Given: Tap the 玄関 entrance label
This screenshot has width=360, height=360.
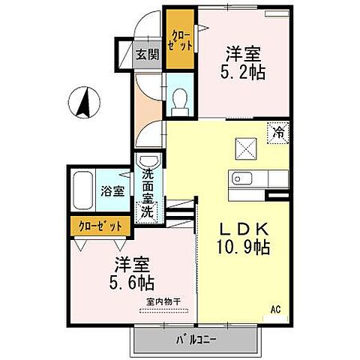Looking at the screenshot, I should click(148, 53).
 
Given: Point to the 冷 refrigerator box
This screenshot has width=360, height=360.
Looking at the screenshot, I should click(278, 132).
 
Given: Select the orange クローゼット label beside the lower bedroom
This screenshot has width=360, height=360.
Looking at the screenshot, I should click(97, 224).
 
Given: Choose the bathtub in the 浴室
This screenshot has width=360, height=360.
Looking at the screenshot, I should click(84, 191).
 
